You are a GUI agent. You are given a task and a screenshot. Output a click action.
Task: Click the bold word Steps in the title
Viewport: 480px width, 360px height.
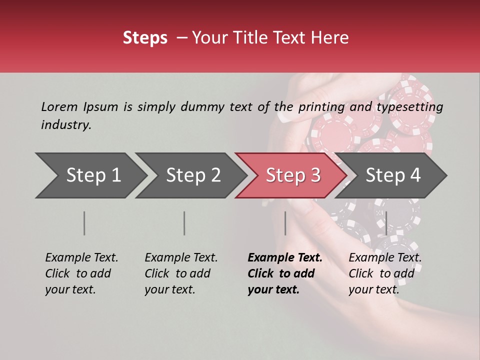pyautogui.click(x=145, y=38)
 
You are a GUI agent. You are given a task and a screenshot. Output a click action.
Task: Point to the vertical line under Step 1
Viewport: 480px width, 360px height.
pyautogui.click(x=84, y=223)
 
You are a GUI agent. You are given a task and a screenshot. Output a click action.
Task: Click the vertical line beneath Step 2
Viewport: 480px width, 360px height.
pyautogui.click(x=184, y=223)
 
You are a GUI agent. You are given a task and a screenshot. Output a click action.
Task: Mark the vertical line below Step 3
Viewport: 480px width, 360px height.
pyautogui.click(x=285, y=223)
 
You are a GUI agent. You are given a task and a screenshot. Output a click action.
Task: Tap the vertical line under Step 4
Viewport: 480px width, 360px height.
pyautogui.click(x=386, y=223)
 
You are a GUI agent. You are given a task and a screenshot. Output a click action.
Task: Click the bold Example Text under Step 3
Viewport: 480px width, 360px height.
pyautogui.click(x=285, y=258)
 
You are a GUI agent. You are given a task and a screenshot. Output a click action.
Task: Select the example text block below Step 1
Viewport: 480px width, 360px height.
pyautogui.click(x=81, y=273)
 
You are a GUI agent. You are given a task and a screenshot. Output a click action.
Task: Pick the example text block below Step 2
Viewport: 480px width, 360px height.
pyautogui.click(x=181, y=273)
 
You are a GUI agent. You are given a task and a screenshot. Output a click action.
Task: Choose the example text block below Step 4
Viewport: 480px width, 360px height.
pyautogui.click(x=385, y=273)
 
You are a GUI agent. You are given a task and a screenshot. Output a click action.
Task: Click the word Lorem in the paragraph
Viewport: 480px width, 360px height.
pyautogui.click(x=59, y=106)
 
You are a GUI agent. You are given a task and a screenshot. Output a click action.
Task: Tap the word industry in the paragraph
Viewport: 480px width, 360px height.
pyautogui.click(x=66, y=125)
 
